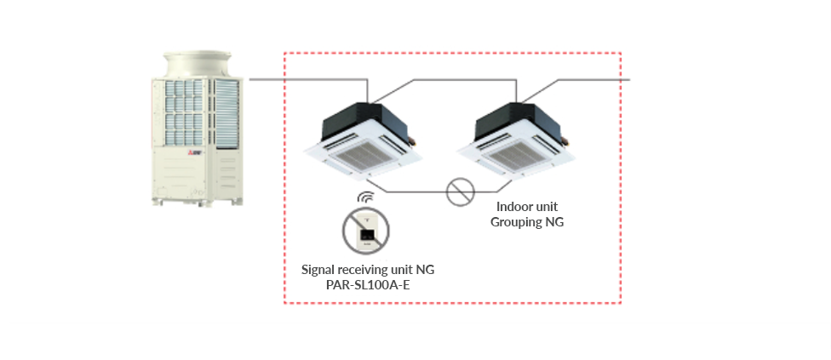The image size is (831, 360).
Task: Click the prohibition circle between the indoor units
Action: pyautogui.click(x=460, y=191)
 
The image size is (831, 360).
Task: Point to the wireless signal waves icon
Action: pyautogui.click(x=364, y=199)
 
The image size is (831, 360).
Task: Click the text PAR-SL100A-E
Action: pyautogui.click(x=367, y=285)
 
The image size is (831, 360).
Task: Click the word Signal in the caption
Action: pyautogui.click(x=319, y=270)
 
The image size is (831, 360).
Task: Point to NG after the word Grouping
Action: pyautogui.click(x=555, y=222)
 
